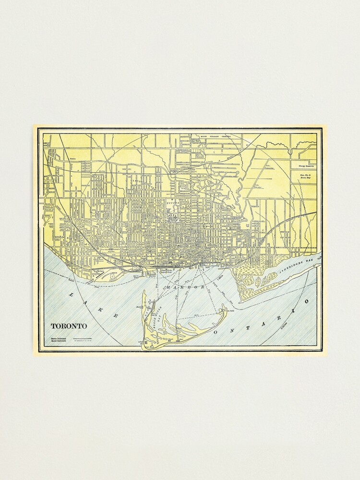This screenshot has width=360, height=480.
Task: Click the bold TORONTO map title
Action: (69, 326)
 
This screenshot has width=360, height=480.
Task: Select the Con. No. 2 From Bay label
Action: (302, 176)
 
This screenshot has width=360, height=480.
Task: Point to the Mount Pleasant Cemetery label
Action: (212, 136)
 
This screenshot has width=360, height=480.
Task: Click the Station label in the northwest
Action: (73, 158)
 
